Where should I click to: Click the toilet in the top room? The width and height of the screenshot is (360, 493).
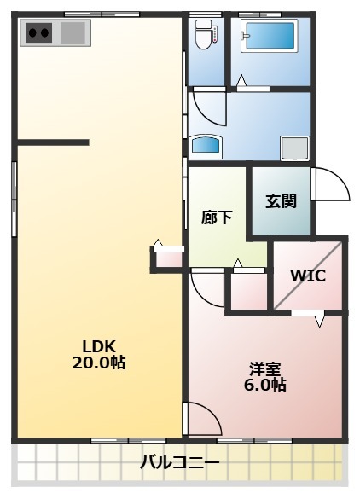tap(203, 35)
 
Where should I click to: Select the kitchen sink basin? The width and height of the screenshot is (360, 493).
tap(73, 32)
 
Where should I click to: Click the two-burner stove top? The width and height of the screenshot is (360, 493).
tap(38, 32)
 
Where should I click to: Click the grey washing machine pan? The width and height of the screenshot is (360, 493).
tap(294, 148)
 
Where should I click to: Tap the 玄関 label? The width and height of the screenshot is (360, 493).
tap(281, 201)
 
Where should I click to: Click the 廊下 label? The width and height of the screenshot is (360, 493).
tap(217, 217)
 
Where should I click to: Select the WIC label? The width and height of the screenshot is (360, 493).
tap(308, 275)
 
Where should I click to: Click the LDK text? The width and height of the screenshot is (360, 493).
tap(99, 346)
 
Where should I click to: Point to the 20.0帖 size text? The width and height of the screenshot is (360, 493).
tap(99, 362)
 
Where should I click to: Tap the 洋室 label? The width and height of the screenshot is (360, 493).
tap(265, 368)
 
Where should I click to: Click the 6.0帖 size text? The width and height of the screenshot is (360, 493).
tap(265, 384)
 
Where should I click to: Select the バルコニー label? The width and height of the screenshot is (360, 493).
tap(179, 462)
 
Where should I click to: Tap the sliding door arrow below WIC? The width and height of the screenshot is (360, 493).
tap(319, 322)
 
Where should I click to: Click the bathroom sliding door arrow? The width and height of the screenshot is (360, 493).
tap(241, 80)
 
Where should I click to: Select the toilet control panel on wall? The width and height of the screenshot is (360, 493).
tap(215, 34)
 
